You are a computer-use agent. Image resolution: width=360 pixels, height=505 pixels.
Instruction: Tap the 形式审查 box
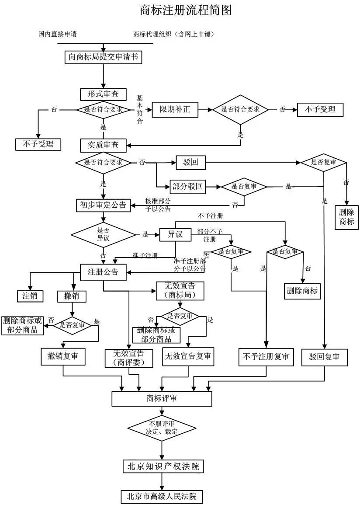tap(103, 94)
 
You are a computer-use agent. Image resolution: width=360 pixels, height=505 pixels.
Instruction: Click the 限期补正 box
tap(175, 109)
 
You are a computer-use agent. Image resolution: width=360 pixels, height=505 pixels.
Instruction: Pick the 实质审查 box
tap(103, 145)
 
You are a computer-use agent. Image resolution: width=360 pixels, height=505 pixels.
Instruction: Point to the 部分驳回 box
tap(187, 187)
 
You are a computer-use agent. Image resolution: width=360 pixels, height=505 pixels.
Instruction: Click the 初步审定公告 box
tap(103, 205)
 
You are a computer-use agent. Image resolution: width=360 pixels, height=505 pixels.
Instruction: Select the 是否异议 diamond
tap(103, 235)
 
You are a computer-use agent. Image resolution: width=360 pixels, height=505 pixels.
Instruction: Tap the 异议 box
tap(175, 235)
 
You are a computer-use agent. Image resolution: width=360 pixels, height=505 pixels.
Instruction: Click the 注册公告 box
tap(103, 272)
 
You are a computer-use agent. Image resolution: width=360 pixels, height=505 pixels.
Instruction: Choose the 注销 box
tap(30, 296)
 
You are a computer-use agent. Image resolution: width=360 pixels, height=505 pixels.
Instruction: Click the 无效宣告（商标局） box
tap(180, 291)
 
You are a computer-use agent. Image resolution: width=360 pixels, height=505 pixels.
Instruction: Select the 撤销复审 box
tap(63, 356)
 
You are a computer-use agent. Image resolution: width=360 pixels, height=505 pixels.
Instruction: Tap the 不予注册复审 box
tap(266, 356)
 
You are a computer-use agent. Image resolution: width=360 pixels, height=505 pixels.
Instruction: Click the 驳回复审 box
tap(325, 356)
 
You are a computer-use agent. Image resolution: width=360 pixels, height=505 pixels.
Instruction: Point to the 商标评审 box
tap(162, 398)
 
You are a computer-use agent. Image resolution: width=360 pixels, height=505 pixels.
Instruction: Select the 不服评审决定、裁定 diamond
tap(162, 428)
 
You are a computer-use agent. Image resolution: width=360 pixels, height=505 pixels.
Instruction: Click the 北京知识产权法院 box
tap(163, 466)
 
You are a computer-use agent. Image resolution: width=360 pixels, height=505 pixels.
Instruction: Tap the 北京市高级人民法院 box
tap(162, 496)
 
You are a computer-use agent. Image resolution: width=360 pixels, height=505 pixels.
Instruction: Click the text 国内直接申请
tap(57, 34)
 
